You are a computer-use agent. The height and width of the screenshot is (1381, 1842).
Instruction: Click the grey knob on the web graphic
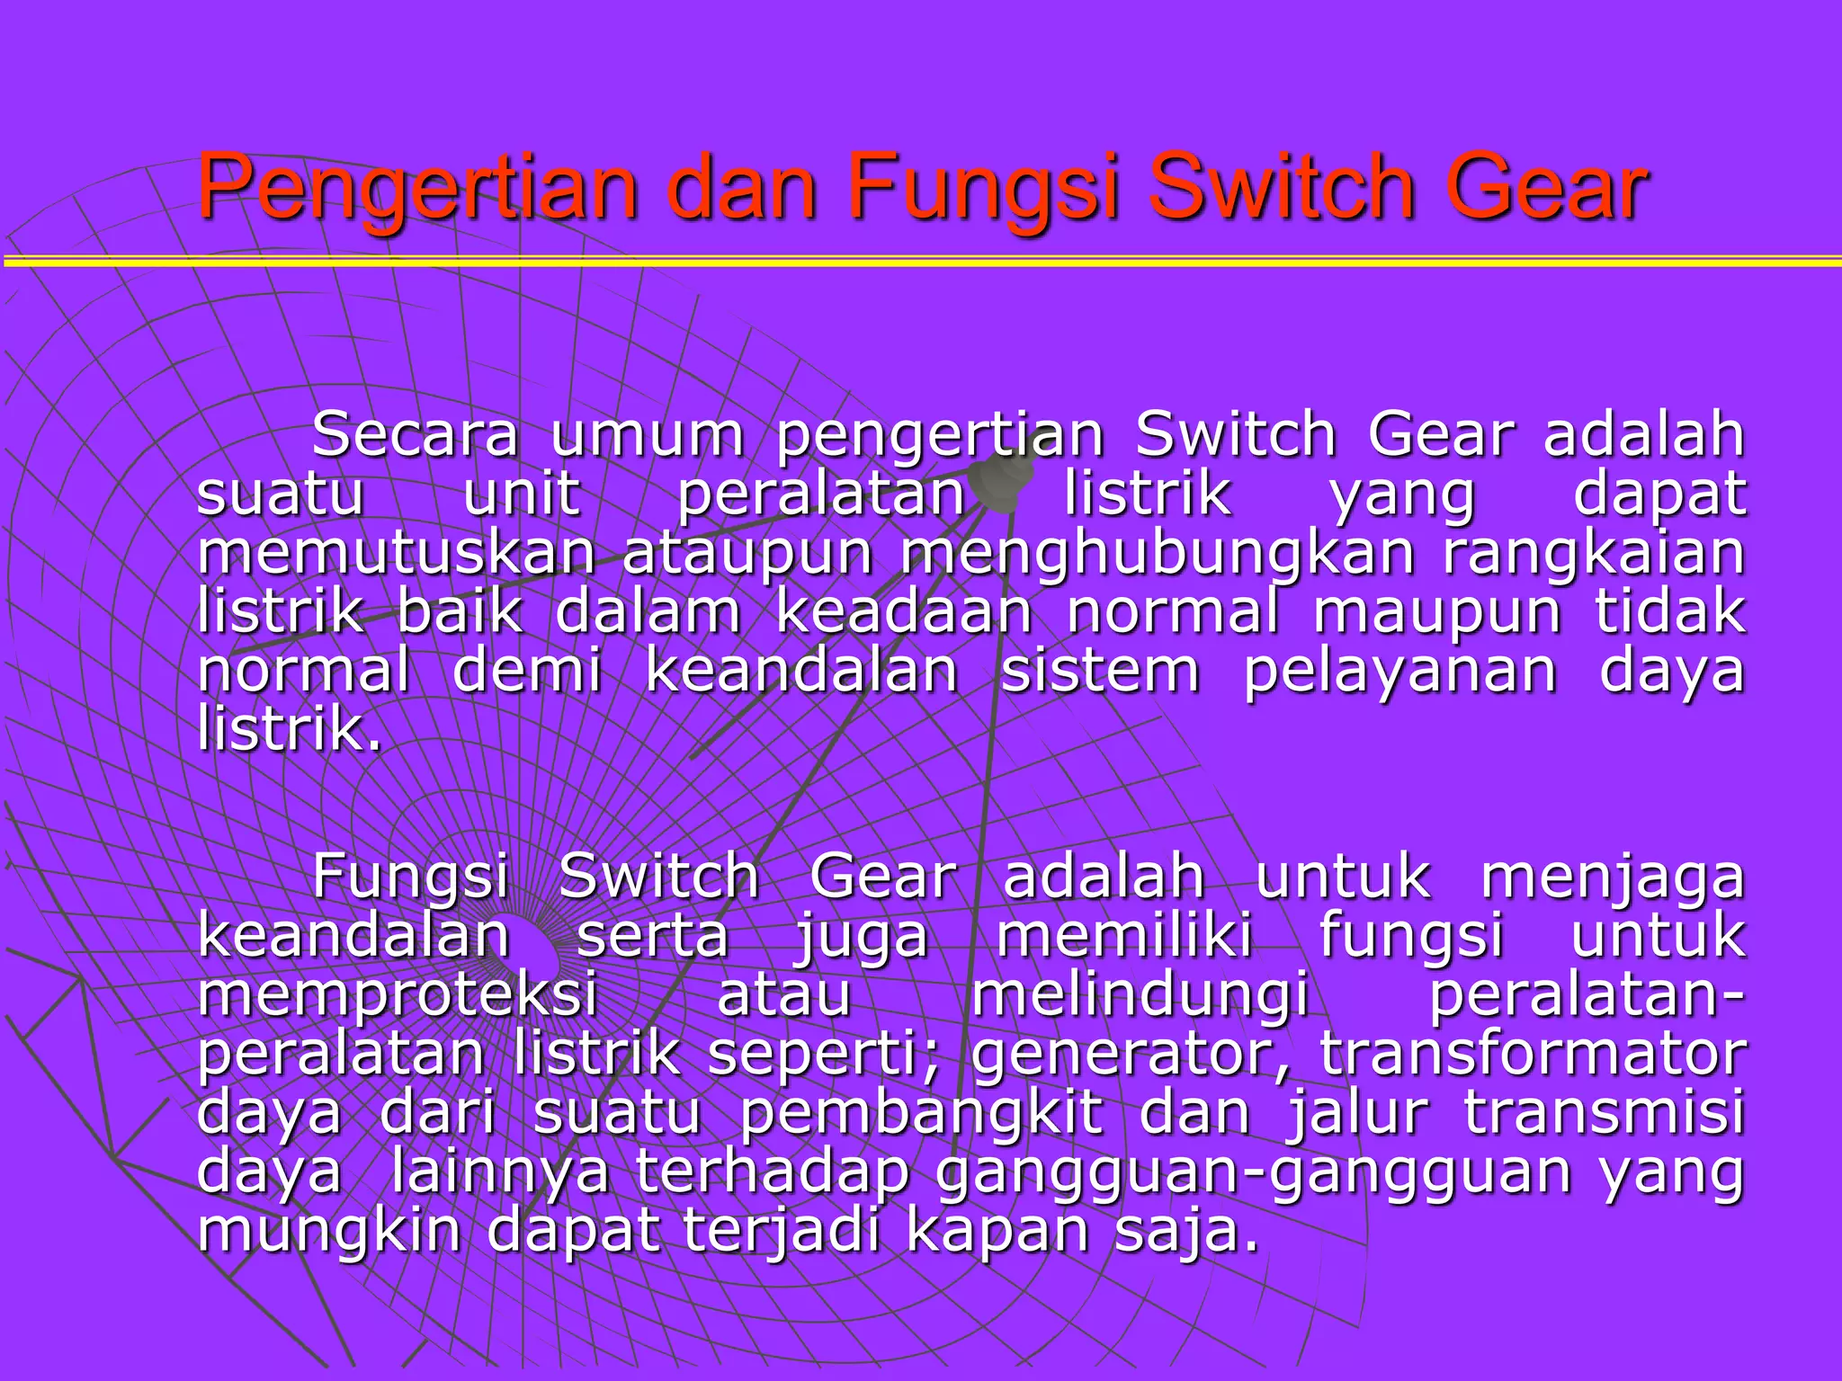pyautogui.click(x=1003, y=477)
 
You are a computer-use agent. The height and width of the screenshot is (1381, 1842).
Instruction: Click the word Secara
pyautogui.click(x=415, y=434)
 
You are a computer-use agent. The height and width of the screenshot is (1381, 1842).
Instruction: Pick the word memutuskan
pyautogui.click(x=397, y=552)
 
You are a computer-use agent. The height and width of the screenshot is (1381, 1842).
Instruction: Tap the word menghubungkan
pyautogui.click(x=1158, y=554)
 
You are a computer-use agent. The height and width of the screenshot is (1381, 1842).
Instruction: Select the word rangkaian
pyautogui.click(x=1594, y=554)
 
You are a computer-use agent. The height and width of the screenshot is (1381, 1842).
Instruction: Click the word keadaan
pyautogui.click(x=903, y=611)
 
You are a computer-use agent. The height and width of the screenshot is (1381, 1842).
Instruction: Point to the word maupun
pyautogui.click(x=1437, y=613)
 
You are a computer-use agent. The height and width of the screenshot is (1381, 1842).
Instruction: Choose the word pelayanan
pyautogui.click(x=1399, y=673)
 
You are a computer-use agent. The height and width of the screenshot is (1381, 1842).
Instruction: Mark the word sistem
pyautogui.click(x=1100, y=671)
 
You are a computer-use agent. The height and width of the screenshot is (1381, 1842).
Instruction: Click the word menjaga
pyautogui.click(x=1612, y=878)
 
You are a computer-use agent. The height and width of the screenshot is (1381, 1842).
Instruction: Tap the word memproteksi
pyautogui.click(x=398, y=996)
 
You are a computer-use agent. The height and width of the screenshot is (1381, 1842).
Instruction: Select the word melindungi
pyautogui.click(x=1140, y=996)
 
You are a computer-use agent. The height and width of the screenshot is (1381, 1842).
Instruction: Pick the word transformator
pyautogui.click(x=1533, y=1054)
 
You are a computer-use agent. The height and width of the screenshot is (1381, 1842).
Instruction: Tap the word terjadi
pyautogui.click(x=781, y=1231)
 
